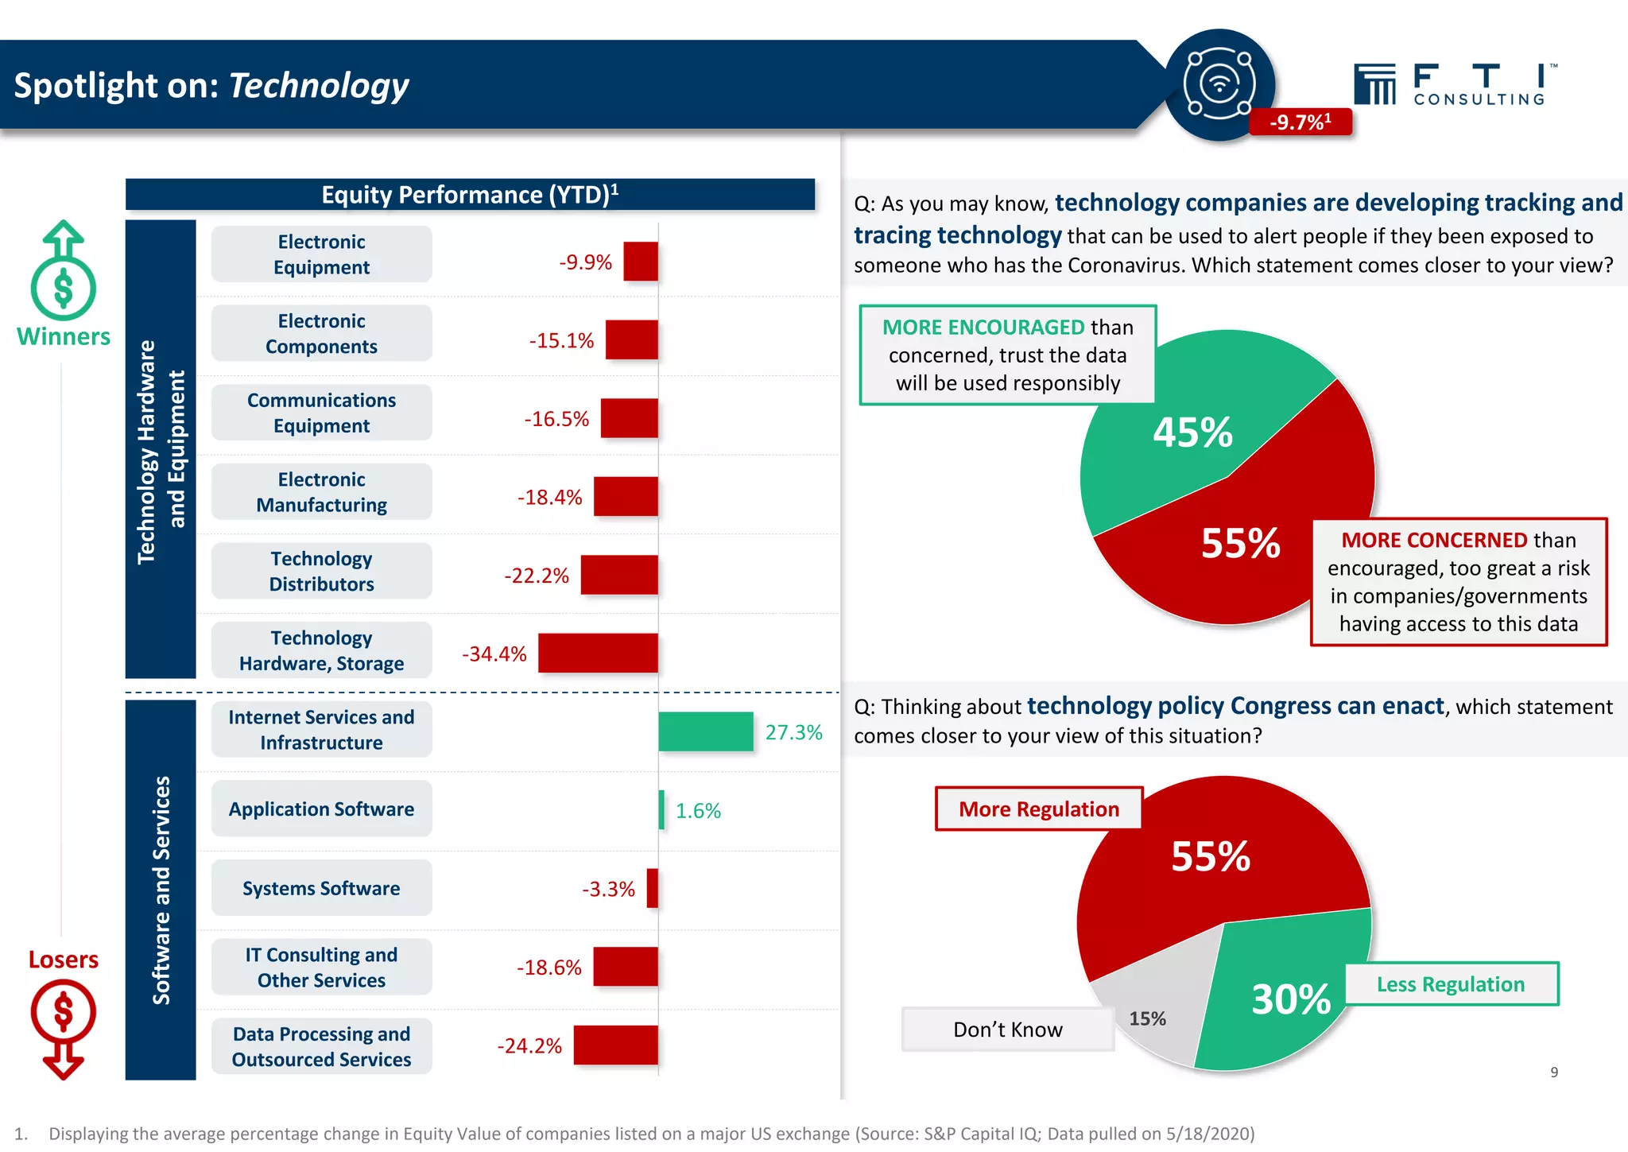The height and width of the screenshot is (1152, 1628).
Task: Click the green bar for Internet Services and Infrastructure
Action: [x=706, y=731]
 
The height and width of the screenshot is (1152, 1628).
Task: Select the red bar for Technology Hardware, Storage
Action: [x=598, y=654]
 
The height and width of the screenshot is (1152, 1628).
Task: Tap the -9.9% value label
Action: [x=585, y=262]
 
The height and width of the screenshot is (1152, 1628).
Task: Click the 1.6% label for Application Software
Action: [x=698, y=811]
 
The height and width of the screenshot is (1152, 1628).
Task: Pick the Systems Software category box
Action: [x=321, y=888]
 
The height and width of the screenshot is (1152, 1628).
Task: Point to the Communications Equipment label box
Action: [x=321, y=413]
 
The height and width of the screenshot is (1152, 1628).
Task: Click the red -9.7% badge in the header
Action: [x=1300, y=122]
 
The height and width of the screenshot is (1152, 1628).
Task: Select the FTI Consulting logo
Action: [x=1455, y=84]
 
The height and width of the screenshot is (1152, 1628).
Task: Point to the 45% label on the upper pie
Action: [x=1192, y=433]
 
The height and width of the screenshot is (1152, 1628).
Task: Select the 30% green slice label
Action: [x=1290, y=999]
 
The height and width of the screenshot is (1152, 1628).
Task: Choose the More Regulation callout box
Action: [x=1038, y=809]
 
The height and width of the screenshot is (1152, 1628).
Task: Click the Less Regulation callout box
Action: [x=1451, y=984]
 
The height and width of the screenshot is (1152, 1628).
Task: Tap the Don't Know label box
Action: [x=1007, y=1030]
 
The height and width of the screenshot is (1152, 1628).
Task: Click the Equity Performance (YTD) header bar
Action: [x=470, y=195]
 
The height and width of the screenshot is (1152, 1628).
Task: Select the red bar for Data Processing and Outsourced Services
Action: [x=615, y=1045]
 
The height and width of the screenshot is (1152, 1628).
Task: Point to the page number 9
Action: [x=1554, y=1072]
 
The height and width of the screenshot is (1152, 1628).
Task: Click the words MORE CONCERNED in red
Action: [x=1434, y=541]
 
